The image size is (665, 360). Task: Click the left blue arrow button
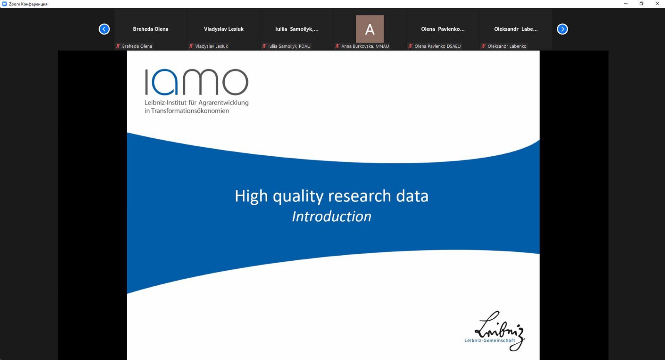(x=104, y=29)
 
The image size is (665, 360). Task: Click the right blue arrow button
(x=562, y=29)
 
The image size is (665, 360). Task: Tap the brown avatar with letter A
(x=369, y=29)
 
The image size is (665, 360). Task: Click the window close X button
(x=657, y=4)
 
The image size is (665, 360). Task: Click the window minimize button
(x=626, y=4)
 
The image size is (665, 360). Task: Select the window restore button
(x=642, y=4)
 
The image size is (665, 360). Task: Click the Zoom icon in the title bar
(x=5, y=4)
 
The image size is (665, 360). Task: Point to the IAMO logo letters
(x=197, y=82)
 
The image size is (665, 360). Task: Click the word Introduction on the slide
(x=332, y=216)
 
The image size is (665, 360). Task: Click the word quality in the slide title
(x=298, y=196)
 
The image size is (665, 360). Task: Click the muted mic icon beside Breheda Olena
(x=118, y=46)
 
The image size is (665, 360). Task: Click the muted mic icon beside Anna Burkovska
(x=337, y=46)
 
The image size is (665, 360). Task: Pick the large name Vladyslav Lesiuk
(x=224, y=29)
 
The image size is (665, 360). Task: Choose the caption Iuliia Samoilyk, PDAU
(x=289, y=46)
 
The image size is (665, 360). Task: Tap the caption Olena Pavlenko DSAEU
(x=438, y=46)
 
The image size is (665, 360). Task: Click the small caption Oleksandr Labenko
(x=507, y=46)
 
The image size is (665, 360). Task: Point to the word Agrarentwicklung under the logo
(x=224, y=103)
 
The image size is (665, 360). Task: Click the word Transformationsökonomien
(x=190, y=111)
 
